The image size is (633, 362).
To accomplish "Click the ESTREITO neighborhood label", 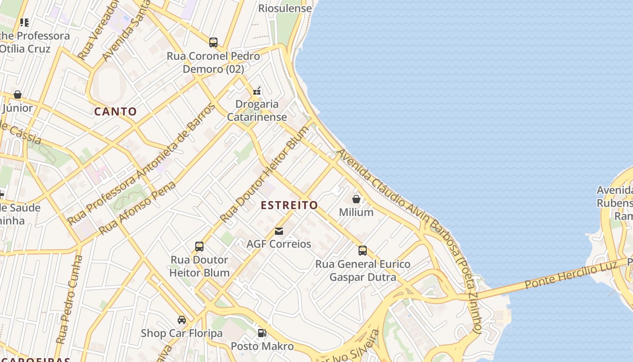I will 289,205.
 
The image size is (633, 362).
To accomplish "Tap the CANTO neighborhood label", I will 115,111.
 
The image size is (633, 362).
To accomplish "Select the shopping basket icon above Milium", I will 356,199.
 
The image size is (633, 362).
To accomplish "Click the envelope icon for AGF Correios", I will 279,231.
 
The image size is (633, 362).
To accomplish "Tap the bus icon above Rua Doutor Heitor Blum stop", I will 199,247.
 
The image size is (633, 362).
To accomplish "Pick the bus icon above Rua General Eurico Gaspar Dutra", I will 363,251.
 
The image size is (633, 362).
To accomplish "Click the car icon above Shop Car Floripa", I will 182,320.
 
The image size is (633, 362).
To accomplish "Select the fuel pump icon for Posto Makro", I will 262,333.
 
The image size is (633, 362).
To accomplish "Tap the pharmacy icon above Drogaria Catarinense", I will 257,91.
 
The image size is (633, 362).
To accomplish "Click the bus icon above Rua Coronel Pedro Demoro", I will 213,43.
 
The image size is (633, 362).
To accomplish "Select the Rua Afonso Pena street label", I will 137,208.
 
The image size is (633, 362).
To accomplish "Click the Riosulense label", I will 285,8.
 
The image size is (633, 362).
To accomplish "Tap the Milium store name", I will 356,212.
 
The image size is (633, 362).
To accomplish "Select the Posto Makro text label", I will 262,347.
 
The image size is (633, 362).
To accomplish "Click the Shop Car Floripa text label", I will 182,333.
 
